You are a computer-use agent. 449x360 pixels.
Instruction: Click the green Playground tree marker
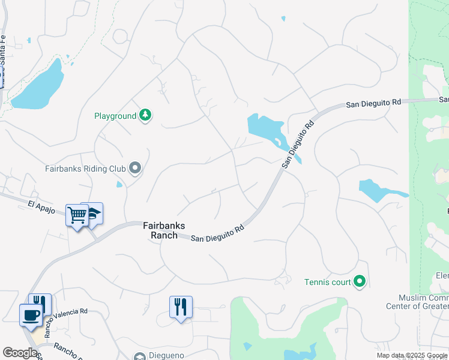[x=145, y=115]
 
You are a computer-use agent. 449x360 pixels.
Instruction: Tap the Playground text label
[x=115, y=116]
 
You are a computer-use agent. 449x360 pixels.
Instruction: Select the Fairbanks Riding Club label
[x=85, y=169]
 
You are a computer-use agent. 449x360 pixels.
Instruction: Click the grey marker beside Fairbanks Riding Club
[x=135, y=169]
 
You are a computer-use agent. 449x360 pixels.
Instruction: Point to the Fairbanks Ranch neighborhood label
[x=160, y=230]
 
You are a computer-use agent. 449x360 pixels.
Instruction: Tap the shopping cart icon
[x=77, y=214]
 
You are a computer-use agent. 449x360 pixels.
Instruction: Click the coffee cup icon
[x=31, y=314]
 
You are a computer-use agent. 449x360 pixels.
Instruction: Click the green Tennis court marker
[x=360, y=280]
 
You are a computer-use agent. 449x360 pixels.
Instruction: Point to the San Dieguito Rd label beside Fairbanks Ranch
[x=217, y=233]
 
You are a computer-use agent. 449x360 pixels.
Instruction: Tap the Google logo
[x=20, y=353]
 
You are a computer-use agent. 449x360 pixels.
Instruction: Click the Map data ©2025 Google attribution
[x=412, y=355]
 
